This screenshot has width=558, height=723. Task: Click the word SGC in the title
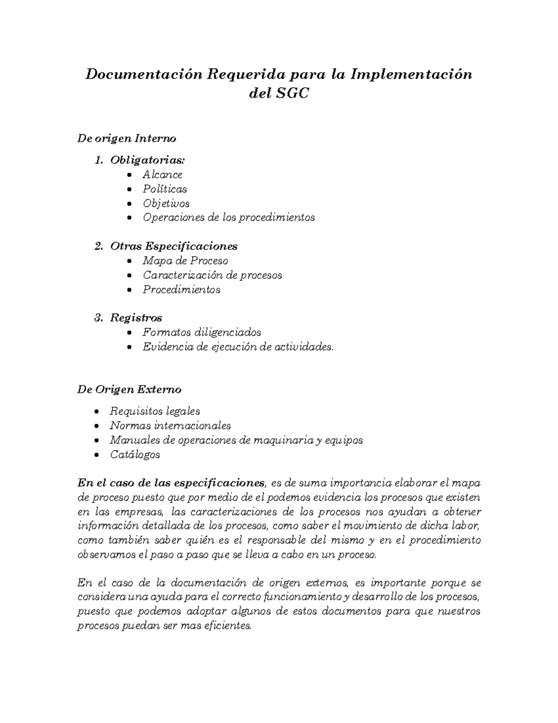tap(292, 94)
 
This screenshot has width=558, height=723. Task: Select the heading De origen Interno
tap(126, 138)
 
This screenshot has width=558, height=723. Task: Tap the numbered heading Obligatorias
tap(147, 160)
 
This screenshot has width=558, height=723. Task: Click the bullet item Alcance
tap(162, 175)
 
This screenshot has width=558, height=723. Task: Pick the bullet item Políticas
tap(165, 189)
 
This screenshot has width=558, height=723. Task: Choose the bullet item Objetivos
tap(166, 203)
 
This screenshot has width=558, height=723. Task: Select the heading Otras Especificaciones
tap(173, 246)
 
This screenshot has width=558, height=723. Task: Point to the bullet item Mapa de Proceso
tap(185, 261)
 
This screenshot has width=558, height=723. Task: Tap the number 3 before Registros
tap(98, 318)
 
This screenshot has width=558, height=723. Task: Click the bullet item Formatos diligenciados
tap(201, 332)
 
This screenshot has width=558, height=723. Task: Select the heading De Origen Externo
tap(129, 389)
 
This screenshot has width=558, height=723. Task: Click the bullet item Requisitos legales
tap(155, 411)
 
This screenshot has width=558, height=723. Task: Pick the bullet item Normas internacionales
tap(170, 426)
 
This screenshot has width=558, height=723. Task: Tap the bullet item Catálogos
tap(135, 454)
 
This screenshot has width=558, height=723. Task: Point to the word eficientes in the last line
tap(229, 626)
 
